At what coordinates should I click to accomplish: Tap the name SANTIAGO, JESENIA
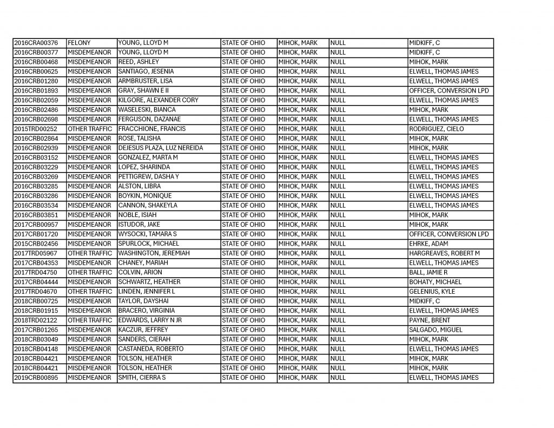[138, 71]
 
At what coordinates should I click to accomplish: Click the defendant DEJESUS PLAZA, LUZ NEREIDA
[161, 148]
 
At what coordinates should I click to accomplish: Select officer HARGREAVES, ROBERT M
[444, 253]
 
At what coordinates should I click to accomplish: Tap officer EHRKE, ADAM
[430, 244]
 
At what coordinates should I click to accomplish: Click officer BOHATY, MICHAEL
[435, 282]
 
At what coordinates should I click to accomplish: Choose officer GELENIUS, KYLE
[432, 292]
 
